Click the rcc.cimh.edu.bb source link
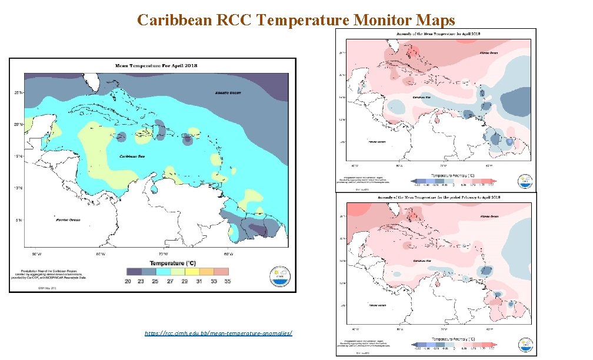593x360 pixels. [218, 334]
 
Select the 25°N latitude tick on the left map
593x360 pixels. [19, 92]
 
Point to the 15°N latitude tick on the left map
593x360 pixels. [19, 156]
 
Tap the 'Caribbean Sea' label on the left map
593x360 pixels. [133, 156]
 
